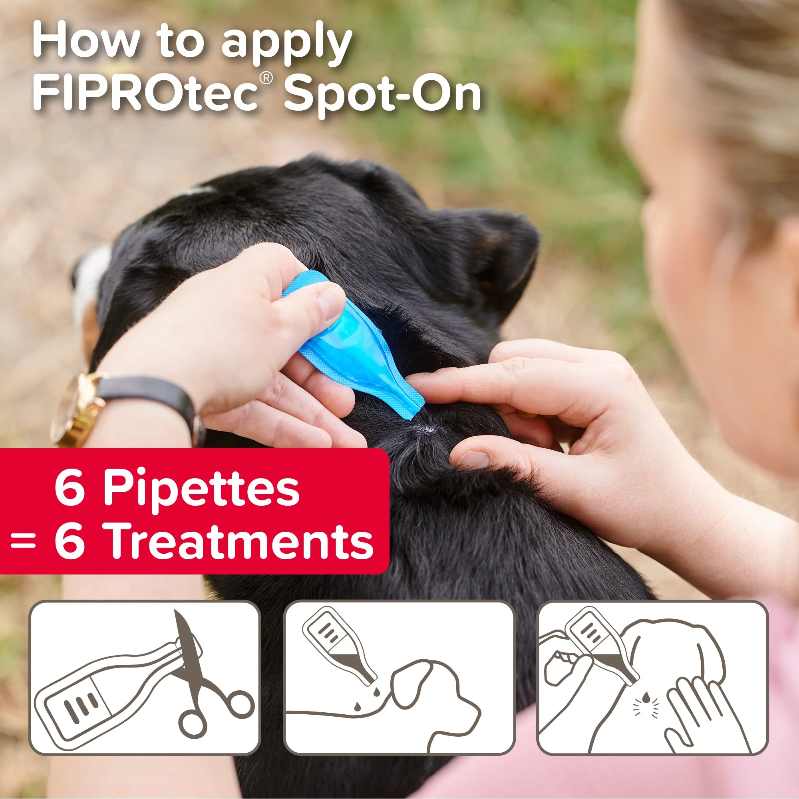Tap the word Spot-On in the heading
pos(382,95)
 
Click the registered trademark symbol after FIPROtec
pos(267,78)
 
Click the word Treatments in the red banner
pos(241,540)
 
